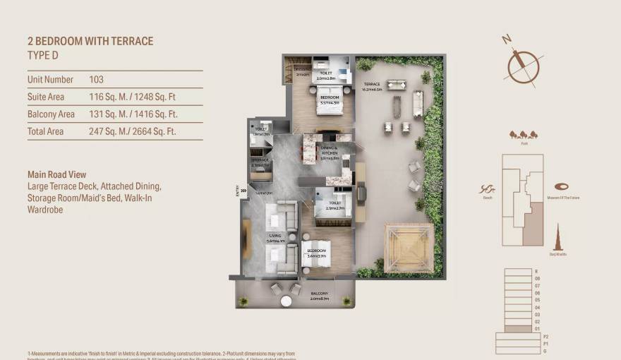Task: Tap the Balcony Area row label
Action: click(x=51, y=114)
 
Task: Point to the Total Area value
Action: click(x=133, y=131)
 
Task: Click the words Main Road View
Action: click(x=59, y=174)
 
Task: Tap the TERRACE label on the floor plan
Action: click(x=372, y=85)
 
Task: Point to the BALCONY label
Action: click(x=320, y=294)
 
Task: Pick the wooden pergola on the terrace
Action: click(x=409, y=248)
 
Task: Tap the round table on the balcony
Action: click(x=286, y=301)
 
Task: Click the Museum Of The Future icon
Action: click(x=562, y=186)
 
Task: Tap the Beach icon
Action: click(x=486, y=188)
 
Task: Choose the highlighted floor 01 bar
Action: click(x=519, y=328)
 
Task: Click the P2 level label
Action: click(x=536, y=337)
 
